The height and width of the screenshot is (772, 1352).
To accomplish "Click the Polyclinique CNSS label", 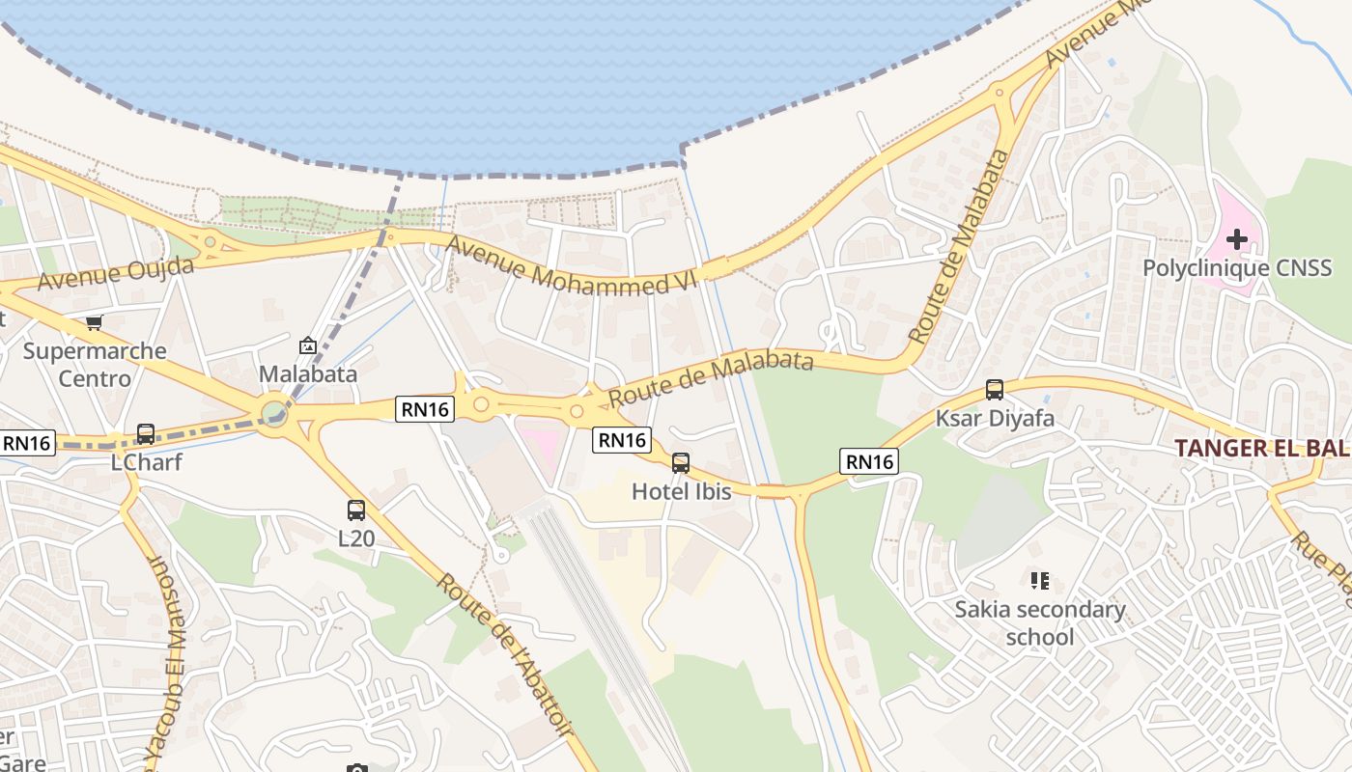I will (x=1237, y=267).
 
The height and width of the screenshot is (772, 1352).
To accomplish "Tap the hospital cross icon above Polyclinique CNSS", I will (x=1237, y=238).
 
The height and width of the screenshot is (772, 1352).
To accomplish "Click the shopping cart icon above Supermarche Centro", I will (x=94, y=322).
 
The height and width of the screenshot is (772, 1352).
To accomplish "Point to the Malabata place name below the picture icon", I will (x=308, y=373).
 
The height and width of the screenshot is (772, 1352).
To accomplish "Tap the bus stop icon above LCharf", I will (x=146, y=434).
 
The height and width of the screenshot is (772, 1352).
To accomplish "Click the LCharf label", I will (x=146, y=462).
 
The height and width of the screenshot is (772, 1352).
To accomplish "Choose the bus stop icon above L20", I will (x=356, y=510).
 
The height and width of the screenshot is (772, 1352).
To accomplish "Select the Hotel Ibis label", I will (x=681, y=491).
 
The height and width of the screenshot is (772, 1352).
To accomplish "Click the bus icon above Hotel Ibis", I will (x=681, y=463).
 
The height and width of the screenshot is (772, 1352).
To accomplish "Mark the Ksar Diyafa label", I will (x=995, y=419).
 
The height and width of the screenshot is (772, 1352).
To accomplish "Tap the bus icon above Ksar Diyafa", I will (x=995, y=390).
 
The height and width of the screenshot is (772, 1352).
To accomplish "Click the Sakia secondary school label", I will (x=1040, y=622).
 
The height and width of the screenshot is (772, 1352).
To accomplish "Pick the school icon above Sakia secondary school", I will (x=1040, y=581).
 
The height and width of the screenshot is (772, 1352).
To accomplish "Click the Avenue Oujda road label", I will (x=116, y=272).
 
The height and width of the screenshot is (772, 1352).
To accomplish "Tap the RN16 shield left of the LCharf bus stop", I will (x=28, y=443).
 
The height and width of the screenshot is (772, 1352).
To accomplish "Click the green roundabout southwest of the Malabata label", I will (x=274, y=414).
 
